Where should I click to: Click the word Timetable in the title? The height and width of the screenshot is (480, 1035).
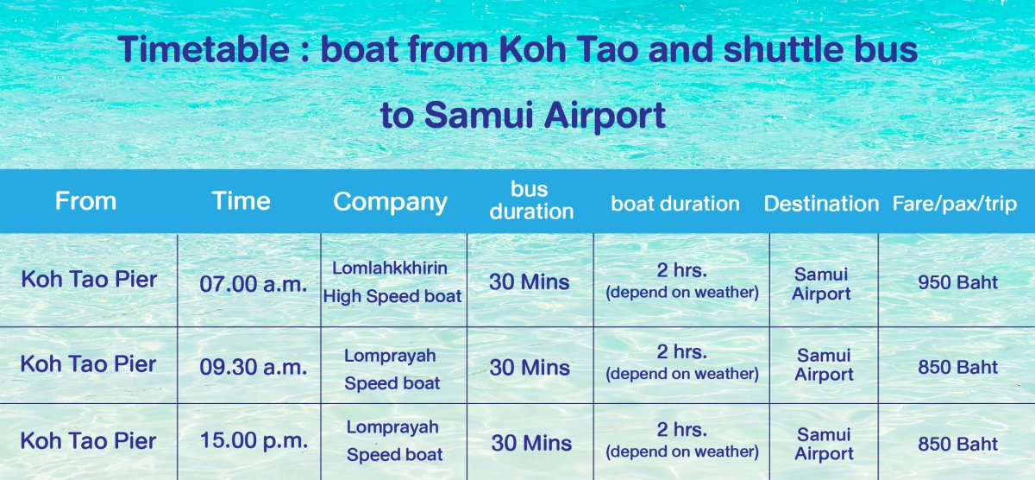click(x=204, y=49)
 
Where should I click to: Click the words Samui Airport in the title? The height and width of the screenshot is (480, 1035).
click(x=545, y=115)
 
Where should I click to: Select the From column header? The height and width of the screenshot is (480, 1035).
click(x=85, y=201)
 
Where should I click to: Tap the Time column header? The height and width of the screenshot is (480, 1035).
click(x=241, y=201)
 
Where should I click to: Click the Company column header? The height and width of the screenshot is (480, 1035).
click(x=390, y=203)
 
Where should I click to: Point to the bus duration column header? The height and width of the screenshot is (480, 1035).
click(x=531, y=200)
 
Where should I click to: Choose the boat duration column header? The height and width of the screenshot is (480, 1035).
click(x=675, y=204)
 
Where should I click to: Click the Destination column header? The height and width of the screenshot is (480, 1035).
click(x=821, y=204)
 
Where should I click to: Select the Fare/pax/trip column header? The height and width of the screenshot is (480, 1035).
click(x=955, y=204)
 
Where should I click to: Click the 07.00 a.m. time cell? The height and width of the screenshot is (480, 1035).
click(x=254, y=283)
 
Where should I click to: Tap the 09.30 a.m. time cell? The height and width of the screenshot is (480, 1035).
click(x=254, y=367)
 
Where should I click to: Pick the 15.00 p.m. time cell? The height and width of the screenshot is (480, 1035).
click(x=254, y=439)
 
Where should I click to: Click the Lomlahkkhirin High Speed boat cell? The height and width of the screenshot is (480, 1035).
click(x=392, y=282)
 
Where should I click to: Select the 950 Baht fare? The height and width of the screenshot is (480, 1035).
click(x=958, y=282)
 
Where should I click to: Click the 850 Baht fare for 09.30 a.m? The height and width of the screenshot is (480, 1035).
click(x=958, y=367)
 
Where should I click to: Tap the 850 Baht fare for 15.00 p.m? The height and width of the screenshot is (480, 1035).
click(x=958, y=444)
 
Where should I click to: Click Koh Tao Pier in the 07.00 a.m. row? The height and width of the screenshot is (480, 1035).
click(x=89, y=280)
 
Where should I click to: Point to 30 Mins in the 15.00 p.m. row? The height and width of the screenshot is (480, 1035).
click(x=531, y=443)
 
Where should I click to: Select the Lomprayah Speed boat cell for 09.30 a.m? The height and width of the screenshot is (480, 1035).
click(x=392, y=369)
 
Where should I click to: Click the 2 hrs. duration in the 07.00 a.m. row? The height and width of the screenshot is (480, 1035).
click(x=682, y=270)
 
